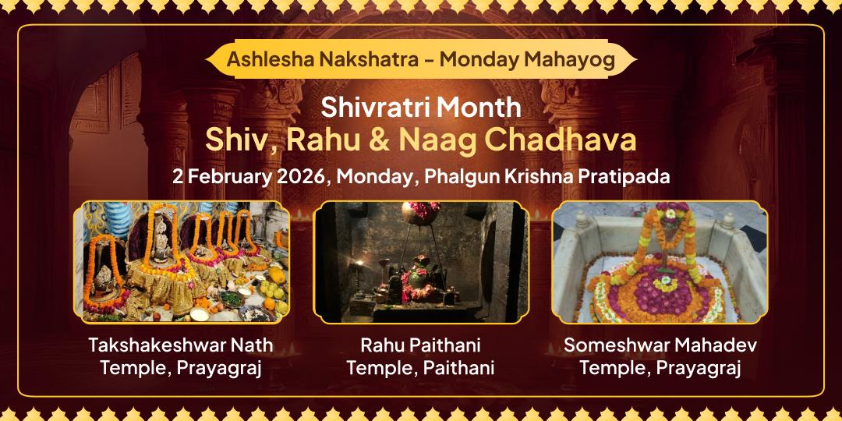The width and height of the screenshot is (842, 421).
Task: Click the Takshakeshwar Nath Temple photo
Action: (x=181, y=261)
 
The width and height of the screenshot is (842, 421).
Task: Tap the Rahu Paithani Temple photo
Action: (x=421, y=261)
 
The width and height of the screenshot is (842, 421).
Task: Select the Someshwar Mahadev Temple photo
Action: (x=660, y=261)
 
